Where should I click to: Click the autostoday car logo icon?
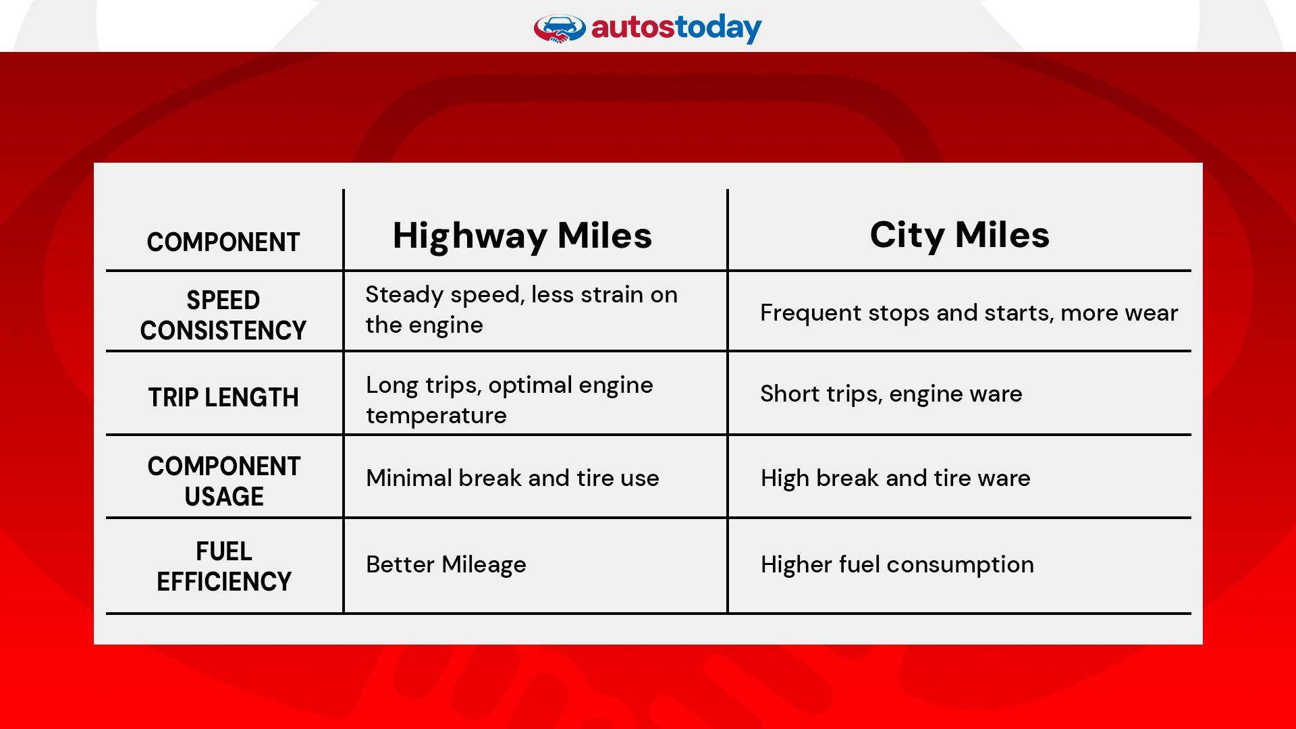click(560, 29)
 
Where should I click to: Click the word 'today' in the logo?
click(718, 28)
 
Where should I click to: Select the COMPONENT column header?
click(223, 242)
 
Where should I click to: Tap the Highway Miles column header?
click(522, 236)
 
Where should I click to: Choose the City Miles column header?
click(959, 235)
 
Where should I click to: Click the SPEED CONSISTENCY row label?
click(223, 315)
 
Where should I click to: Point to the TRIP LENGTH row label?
click(223, 398)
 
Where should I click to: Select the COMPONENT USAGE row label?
click(223, 481)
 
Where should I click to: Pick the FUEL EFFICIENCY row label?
click(223, 566)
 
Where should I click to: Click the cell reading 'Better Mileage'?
click(446, 564)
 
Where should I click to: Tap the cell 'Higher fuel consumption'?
click(896, 564)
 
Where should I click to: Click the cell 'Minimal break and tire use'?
click(512, 478)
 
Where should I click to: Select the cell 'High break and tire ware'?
click(895, 478)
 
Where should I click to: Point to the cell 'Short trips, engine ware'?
click(891, 394)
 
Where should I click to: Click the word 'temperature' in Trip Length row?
click(436, 416)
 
